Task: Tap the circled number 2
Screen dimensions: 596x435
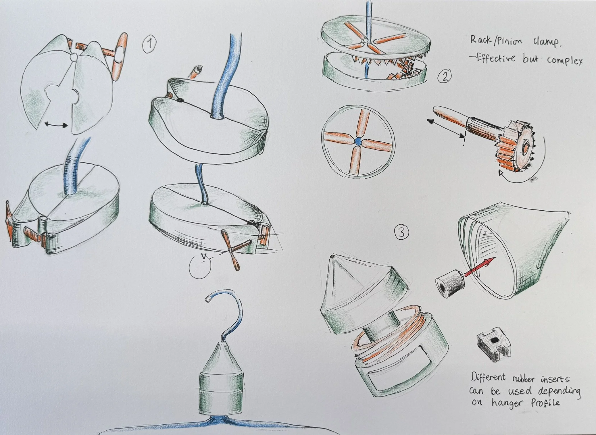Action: [445, 76]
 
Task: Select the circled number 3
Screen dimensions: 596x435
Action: [401, 232]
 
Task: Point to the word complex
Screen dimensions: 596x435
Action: [565, 61]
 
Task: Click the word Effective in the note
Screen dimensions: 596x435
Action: [496, 58]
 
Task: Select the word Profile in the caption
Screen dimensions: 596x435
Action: [545, 403]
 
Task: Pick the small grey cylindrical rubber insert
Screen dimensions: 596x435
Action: [450, 283]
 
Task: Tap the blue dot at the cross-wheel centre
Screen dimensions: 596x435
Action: [358, 141]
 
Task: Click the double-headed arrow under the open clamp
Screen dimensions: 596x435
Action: [56, 125]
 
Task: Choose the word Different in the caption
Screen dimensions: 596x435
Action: [488, 377]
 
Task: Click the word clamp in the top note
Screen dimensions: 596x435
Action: [547, 42]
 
